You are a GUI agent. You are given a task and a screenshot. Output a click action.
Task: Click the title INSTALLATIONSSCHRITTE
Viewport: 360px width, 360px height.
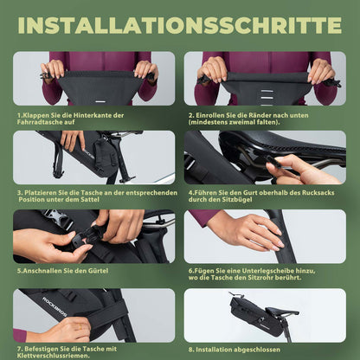pos(180,25)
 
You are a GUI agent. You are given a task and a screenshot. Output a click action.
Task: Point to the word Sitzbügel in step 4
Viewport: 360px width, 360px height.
pos(236,200)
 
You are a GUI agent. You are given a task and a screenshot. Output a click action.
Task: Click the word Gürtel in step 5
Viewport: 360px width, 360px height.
pos(98,271)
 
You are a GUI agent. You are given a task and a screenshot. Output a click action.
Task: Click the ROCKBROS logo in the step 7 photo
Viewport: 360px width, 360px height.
pos(55,306)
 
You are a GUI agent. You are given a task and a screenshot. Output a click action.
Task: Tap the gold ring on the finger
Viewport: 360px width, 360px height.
pos(80,326)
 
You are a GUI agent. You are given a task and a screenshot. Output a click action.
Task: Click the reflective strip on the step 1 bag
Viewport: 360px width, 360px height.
pos(100,102)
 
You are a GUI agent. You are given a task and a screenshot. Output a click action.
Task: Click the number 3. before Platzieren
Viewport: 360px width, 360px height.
pos(20,193)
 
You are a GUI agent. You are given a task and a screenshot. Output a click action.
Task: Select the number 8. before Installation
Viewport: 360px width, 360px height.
pos(191,350)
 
